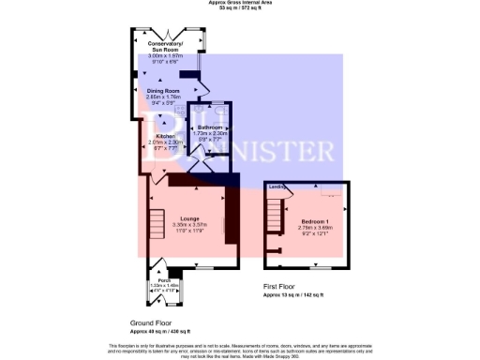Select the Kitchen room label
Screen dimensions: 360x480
166,135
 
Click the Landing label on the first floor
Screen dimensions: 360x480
277,187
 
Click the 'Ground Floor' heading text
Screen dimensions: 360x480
153,322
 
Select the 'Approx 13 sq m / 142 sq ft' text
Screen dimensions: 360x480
293,294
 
